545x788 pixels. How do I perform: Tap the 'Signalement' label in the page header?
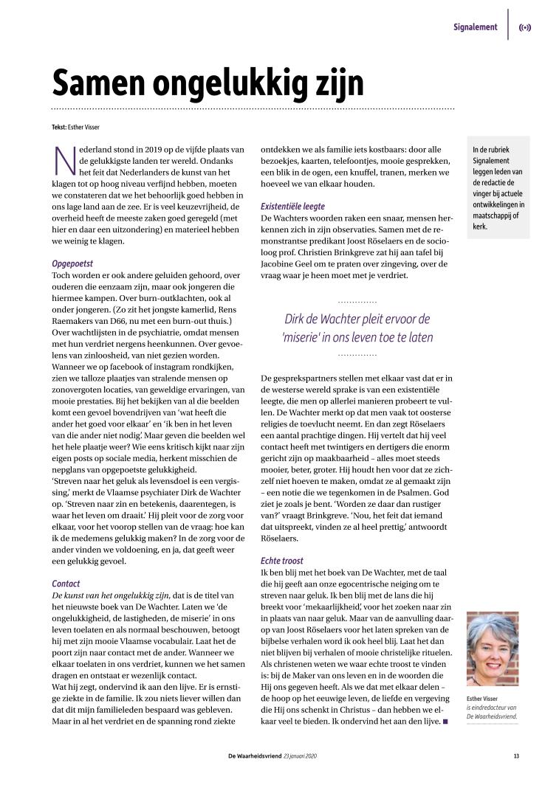[x=475, y=27]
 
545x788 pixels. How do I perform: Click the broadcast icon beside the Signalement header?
[x=525, y=28]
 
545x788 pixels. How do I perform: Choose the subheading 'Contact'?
[x=66, y=584]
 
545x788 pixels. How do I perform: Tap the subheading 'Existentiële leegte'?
[x=292, y=207]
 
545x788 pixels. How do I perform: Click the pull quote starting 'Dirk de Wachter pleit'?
[x=357, y=328]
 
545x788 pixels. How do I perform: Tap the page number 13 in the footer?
[x=516, y=755]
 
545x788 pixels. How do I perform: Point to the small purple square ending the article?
[x=445, y=720]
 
